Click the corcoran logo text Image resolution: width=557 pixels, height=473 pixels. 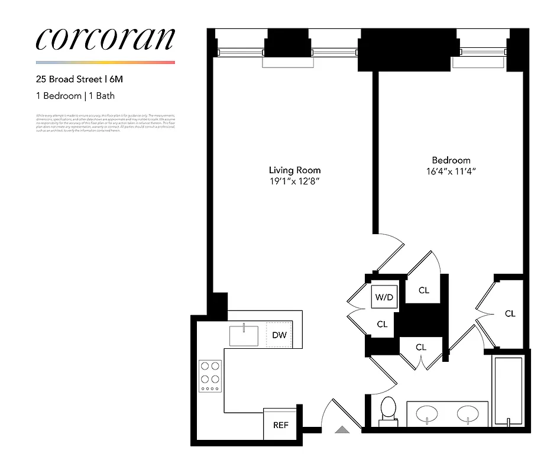[105, 38]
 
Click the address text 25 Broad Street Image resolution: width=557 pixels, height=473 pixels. [69, 78]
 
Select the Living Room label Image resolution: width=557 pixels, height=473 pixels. [294, 170]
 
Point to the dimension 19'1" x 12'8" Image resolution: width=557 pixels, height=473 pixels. [294, 182]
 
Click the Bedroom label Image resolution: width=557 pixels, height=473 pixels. [451, 160]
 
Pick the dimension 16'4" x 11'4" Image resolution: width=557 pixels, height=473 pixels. [451, 172]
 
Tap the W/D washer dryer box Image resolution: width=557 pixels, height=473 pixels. [384, 297]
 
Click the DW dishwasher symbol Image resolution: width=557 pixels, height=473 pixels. [279, 335]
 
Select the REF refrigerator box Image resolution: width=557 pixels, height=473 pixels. [280, 425]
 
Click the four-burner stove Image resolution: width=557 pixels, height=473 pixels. [210, 375]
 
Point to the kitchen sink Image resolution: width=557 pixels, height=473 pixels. [244, 335]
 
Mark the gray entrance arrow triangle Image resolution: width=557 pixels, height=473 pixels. [342, 430]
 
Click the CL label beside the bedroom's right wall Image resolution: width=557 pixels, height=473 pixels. [510, 314]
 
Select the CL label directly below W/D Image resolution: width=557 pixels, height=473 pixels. [382, 324]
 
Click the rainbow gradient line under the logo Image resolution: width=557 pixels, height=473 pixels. [105, 62]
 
